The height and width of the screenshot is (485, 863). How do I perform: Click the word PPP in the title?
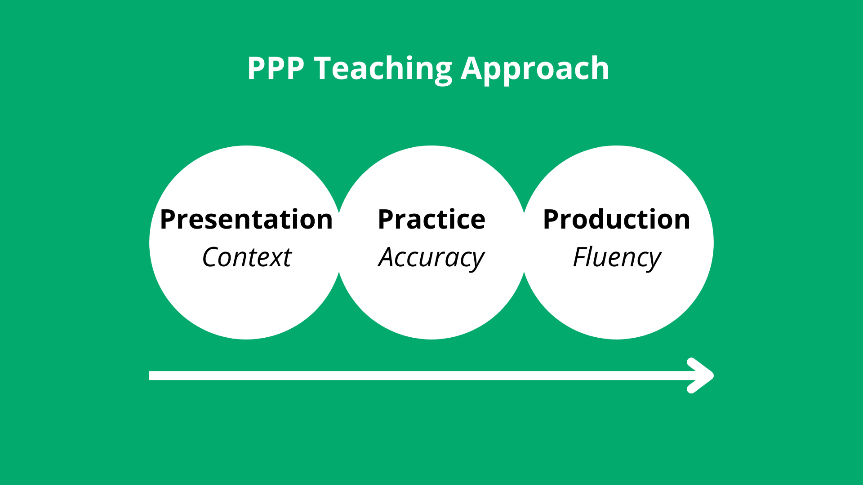pyautogui.click(x=276, y=68)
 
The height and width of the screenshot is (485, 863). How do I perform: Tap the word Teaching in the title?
pyautogui.click(x=383, y=69)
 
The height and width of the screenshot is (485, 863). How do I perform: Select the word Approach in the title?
pyautogui.click(x=535, y=69)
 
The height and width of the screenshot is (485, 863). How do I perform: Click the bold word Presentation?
pyautogui.click(x=246, y=219)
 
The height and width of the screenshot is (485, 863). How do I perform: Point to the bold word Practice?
pyautogui.click(x=431, y=219)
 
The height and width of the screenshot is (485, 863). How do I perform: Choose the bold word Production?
pyautogui.click(x=616, y=219)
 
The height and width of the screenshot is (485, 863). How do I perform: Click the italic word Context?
pyautogui.click(x=247, y=257)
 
